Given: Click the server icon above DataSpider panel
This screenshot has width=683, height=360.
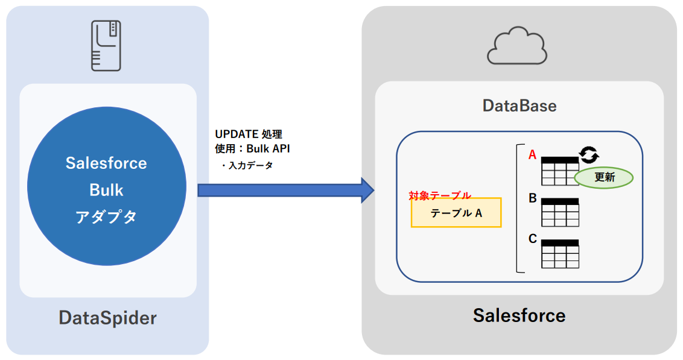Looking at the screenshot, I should coord(106,46).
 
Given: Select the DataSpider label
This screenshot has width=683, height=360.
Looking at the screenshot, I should coord(107,318).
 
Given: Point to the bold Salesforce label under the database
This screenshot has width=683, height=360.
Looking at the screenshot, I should coord(519,315).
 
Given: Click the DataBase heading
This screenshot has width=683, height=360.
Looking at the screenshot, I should coord(519,106).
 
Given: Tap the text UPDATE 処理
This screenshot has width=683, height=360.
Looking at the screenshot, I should coord(249,134).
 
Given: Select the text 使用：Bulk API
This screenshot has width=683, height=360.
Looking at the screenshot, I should coord(256,149).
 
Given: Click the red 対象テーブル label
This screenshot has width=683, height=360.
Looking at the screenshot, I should coord(440,195).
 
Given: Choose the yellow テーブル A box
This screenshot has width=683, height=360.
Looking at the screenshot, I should coord(456,213).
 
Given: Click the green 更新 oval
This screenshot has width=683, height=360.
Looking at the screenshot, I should coord(603,177).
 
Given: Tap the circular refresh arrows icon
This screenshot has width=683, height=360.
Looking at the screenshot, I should coord(589,155).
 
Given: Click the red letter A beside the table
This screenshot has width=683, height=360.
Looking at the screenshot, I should coord(532,155).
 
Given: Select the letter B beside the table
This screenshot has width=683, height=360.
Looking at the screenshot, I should coord(533,198).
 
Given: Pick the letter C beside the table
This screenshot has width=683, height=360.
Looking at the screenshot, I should coord(533,239).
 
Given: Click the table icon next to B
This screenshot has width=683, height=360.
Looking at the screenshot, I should coord(560,212).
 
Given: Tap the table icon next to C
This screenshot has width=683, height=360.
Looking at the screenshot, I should coord(560,254).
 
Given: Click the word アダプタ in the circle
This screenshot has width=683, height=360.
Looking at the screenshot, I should coord(106,217).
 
